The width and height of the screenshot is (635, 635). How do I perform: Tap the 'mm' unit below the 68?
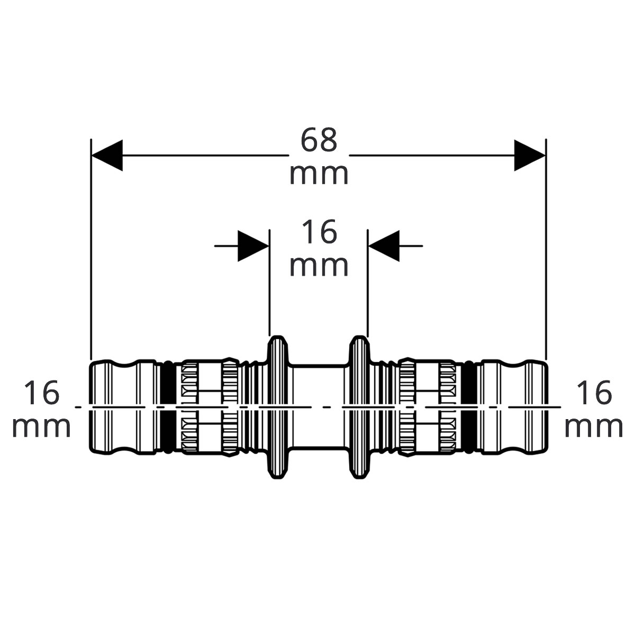pyautogui.click(x=319, y=175)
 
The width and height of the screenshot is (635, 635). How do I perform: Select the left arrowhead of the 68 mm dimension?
pyautogui.click(x=107, y=155)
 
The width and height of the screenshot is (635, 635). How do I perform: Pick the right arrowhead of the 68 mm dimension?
pyautogui.click(x=530, y=155)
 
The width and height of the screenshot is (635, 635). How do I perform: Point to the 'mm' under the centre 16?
pyautogui.click(x=319, y=266)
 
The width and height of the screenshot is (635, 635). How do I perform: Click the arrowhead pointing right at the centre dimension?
pyautogui.click(x=253, y=246)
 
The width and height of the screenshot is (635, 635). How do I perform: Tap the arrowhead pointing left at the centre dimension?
pyautogui.click(x=384, y=246)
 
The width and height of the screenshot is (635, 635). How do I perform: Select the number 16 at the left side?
pyautogui.click(x=41, y=393)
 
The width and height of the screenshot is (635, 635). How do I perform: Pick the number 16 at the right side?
pyautogui.click(x=594, y=393)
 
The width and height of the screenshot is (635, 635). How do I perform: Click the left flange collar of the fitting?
pyautogui.click(x=277, y=407)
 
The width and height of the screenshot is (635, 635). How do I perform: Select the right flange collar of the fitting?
pyautogui.click(x=359, y=407)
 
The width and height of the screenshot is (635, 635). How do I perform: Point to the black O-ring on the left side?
pyautogui.click(x=168, y=407)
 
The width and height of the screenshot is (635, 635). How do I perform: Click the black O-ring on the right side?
pyautogui.click(x=469, y=407)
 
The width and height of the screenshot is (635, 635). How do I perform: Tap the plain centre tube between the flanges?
pyautogui.click(x=319, y=407)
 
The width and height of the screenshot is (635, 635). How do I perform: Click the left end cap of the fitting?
pyautogui.click(x=124, y=407)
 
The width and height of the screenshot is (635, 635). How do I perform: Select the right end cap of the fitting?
pyautogui.click(x=514, y=407)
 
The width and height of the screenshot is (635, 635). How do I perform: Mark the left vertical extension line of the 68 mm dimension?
pyautogui.click(x=91, y=249)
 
